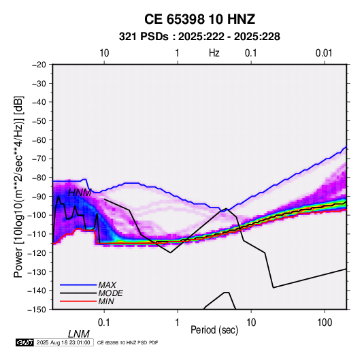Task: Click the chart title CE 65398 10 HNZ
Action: (x=199, y=19)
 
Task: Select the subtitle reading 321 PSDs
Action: (x=144, y=37)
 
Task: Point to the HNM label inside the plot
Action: (x=80, y=193)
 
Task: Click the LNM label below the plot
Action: (x=79, y=334)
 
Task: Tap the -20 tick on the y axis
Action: (x=39, y=65)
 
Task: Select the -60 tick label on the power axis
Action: (x=39, y=140)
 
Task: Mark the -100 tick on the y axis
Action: (x=37, y=215)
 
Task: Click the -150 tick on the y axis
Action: (x=37, y=310)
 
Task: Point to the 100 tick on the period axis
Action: (x=325, y=323)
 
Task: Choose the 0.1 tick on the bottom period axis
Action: (x=104, y=323)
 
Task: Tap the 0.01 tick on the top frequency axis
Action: (x=324, y=53)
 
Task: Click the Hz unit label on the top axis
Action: (x=214, y=53)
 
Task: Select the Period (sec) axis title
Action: (x=214, y=330)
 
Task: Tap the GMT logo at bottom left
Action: (x=24, y=342)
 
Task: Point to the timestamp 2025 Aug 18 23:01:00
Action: (x=63, y=342)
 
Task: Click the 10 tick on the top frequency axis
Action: (x=104, y=53)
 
